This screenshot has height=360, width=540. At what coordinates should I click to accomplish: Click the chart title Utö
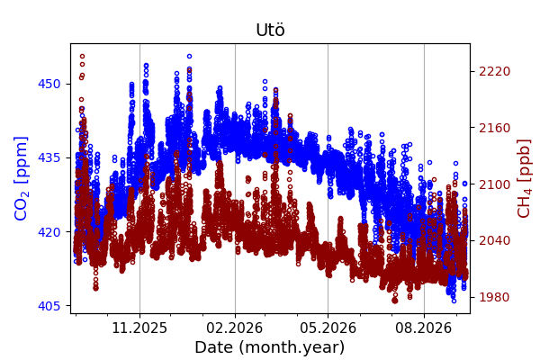pos(270,30)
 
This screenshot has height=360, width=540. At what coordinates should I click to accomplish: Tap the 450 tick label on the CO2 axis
pos(49,84)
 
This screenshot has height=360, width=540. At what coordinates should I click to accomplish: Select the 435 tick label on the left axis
pos(49,157)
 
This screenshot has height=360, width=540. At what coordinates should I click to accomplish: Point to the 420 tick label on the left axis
pos(49,232)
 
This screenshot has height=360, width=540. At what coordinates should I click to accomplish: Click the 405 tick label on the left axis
pos(49,306)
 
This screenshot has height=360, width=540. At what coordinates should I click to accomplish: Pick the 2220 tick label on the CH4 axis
pos(494,71)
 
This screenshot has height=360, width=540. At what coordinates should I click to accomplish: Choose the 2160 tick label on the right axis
pos(494,128)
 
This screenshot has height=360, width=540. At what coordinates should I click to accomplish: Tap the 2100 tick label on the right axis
pos(494,184)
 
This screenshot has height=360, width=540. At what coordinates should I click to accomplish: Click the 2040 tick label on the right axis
pos(494,240)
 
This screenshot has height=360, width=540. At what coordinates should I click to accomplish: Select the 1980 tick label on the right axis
pos(494,297)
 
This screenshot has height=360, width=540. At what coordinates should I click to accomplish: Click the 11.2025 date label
pos(139,328)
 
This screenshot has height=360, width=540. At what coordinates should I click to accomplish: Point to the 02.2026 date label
pos(235,328)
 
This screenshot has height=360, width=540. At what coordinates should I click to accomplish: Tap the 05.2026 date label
pos(328,328)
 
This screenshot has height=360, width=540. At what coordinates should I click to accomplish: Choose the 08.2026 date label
pos(424,328)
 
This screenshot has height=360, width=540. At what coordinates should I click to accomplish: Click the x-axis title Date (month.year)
pos(270,347)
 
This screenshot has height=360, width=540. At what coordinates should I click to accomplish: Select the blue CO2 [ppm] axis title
pos(21,178)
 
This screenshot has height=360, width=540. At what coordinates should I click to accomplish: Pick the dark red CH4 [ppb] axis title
pos(524,178)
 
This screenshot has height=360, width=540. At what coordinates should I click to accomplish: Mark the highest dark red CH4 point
pos(82,56)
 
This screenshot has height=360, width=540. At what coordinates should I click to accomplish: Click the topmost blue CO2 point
pos(189,56)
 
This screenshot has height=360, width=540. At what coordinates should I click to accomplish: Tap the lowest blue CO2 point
pos(454,301)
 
